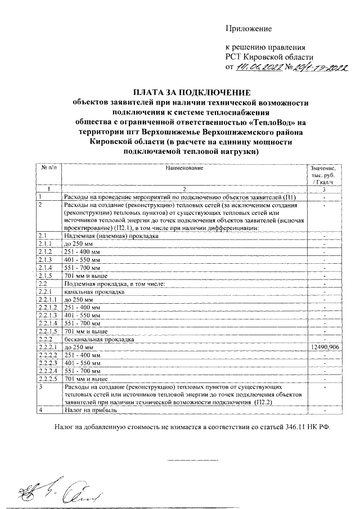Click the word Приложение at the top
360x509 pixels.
click(248, 28)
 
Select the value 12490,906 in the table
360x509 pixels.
click(324, 348)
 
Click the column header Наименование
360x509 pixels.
click(184, 168)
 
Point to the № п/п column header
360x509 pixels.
click(49, 168)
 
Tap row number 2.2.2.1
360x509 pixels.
click(47, 348)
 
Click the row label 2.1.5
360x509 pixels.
click(45, 276)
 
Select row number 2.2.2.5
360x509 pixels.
click(48, 380)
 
